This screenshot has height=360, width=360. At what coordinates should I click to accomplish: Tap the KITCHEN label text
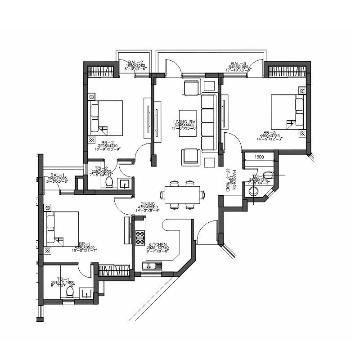coord(158,245)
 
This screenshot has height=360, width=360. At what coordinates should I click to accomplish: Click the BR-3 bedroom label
coord(272,133)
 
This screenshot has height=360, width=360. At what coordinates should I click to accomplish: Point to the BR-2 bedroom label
coord(108,142)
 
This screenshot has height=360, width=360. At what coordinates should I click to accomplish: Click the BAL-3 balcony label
coord(238,63)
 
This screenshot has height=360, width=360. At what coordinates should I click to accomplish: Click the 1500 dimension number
coord(259,157)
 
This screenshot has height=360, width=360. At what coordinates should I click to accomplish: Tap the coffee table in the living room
coord(188,123)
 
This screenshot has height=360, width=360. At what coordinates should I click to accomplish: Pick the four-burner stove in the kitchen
coord(140,237)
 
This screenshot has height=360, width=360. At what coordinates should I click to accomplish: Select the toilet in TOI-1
coord(70,292)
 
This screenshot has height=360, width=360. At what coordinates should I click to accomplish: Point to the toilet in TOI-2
coord(108,182)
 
